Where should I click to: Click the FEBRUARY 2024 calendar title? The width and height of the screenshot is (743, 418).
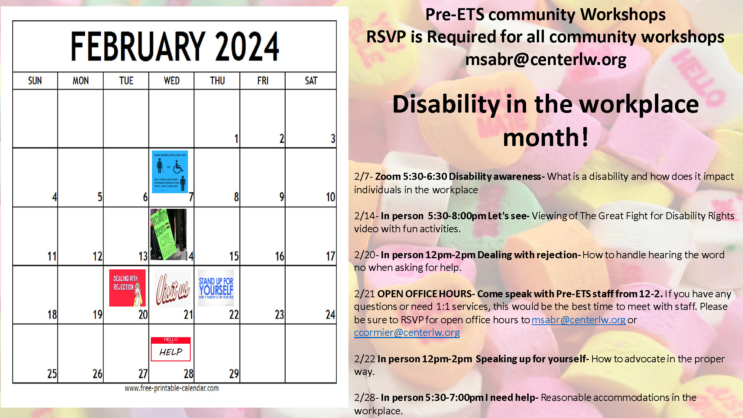(x=175, y=46)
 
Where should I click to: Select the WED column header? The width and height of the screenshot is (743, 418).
(x=172, y=81)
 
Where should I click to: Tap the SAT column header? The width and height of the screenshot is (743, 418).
(x=311, y=81)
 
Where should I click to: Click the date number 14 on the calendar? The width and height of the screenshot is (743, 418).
(x=190, y=256)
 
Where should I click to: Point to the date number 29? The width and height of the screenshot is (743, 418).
(x=234, y=373)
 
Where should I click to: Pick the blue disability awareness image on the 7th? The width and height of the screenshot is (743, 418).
(x=170, y=172)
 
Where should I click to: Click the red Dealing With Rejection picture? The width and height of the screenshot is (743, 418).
(x=127, y=288)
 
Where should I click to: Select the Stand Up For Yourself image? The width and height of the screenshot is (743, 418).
(x=216, y=288)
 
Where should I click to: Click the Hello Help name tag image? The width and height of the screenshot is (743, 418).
(x=171, y=349)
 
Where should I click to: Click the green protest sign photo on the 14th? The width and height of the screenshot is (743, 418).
(x=168, y=234)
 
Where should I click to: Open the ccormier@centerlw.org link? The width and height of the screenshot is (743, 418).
(x=407, y=333)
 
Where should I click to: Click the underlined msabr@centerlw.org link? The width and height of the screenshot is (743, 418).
(x=578, y=320)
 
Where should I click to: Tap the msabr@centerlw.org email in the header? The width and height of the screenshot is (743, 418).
(x=546, y=59)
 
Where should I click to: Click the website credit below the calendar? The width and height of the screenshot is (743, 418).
(x=172, y=388)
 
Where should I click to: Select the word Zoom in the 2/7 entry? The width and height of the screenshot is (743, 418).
(x=388, y=176)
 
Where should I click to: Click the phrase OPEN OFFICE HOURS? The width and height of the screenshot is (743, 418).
(x=424, y=294)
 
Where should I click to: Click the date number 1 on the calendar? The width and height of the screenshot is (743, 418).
(x=236, y=139)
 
